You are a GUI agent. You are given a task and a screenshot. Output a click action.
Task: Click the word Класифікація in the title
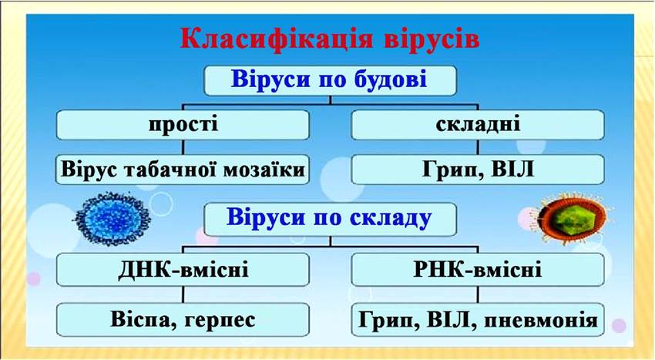click(x=276, y=40)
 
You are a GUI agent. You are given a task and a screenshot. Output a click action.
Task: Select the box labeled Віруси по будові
click(x=330, y=80)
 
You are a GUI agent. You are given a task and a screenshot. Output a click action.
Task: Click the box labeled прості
click(x=183, y=125)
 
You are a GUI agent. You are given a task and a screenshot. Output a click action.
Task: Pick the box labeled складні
click(x=478, y=125)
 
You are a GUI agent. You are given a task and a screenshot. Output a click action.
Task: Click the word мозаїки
click(x=264, y=170)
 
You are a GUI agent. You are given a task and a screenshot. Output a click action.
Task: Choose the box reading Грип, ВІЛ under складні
click(x=478, y=170)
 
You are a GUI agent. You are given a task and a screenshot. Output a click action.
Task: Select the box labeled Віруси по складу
click(x=330, y=219)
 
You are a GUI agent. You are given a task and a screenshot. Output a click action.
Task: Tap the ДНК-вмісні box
click(x=183, y=269)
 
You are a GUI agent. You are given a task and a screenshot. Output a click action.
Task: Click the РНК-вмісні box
click(x=478, y=269)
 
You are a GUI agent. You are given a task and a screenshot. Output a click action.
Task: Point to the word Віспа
click(x=141, y=319)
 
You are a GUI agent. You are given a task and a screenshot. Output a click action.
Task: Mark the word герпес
click(x=220, y=320)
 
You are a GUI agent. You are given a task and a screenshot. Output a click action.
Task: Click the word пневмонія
click(x=542, y=320)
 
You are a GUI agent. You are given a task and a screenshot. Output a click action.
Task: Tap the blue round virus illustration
click(x=112, y=218)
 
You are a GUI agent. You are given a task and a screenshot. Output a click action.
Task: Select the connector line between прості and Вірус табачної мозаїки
click(x=183, y=147)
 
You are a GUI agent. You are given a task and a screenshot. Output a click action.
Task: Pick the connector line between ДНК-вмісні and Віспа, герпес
click(x=183, y=294)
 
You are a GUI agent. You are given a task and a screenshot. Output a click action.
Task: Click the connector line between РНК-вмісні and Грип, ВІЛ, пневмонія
click(x=478, y=294)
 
